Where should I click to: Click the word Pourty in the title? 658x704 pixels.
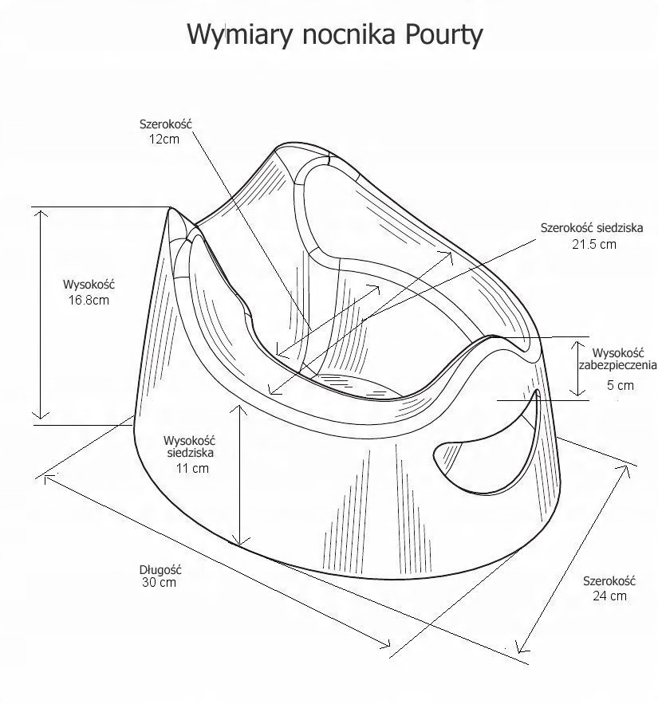(443, 36)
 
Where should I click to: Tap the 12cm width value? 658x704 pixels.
(164, 139)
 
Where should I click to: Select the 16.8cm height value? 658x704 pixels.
(89, 300)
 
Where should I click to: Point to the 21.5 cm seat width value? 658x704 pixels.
(593, 244)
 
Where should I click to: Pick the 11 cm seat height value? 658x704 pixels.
(192, 468)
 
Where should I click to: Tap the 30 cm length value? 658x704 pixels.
(158, 583)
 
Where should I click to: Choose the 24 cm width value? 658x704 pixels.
(609, 596)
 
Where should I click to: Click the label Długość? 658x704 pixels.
(161, 570)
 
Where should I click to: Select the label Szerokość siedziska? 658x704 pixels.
(592, 228)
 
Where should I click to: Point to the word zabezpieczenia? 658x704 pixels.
(618, 367)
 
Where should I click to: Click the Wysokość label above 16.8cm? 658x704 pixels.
(89, 285)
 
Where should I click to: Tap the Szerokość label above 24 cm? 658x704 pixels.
(609, 581)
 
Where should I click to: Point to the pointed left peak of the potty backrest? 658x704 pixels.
(171, 209)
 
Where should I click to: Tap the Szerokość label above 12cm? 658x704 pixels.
(166, 124)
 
